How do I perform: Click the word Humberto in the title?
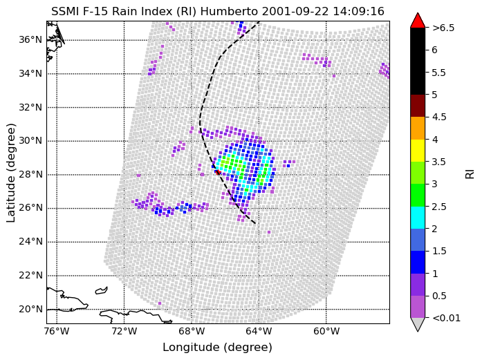[x=229, y=11]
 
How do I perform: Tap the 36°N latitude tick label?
[x=30, y=40]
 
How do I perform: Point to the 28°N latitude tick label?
[x=30, y=174]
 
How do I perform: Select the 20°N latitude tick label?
[x=30, y=309]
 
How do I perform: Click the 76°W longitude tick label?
[x=57, y=332]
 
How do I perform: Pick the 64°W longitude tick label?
[x=259, y=332]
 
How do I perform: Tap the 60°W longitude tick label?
[x=326, y=332]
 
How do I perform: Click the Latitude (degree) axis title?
[x=11, y=173]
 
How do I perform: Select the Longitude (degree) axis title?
[x=218, y=348]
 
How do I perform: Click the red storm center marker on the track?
[x=218, y=172]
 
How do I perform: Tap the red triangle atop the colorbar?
[x=418, y=20]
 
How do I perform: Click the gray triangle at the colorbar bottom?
[x=418, y=324]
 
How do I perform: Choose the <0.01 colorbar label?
[x=446, y=318]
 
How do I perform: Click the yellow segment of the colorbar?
[x=418, y=151]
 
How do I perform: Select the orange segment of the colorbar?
[x=418, y=128]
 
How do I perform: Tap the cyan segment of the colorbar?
[x=418, y=218]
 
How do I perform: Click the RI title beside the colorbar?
[x=470, y=174]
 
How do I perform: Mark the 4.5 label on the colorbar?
[x=439, y=117]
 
